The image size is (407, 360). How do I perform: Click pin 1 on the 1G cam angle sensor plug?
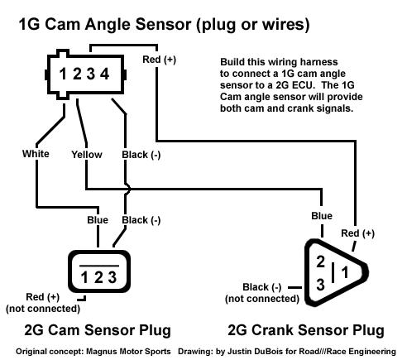click(x=63, y=74)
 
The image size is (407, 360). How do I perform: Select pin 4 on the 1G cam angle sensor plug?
click(x=104, y=74)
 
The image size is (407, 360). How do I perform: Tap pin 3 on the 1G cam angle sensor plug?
click(x=91, y=74)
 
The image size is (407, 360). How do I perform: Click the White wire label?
click(x=36, y=154)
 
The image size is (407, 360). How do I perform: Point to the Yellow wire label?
click(x=87, y=155)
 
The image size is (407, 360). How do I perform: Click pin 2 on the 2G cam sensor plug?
click(x=98, y=277)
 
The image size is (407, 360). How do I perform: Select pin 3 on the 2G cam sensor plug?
click(x=113, y=277)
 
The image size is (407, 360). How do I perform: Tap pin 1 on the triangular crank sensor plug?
click(x=345, y=272)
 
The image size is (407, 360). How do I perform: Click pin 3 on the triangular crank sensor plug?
click(x=320, y=285)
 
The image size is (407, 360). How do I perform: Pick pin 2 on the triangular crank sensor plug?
click(x=320, y=262)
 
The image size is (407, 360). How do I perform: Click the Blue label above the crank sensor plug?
click(x=322, y=216)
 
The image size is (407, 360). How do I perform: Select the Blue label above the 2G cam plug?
click(x=98, y=220)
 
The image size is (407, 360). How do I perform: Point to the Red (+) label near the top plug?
click(x=160, y=60)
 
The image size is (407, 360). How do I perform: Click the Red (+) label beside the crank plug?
click(x=358, y=233)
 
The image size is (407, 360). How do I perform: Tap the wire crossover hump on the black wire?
click(x=127, y=189)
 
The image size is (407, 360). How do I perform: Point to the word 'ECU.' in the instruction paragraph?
click(x=303, y=85)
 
